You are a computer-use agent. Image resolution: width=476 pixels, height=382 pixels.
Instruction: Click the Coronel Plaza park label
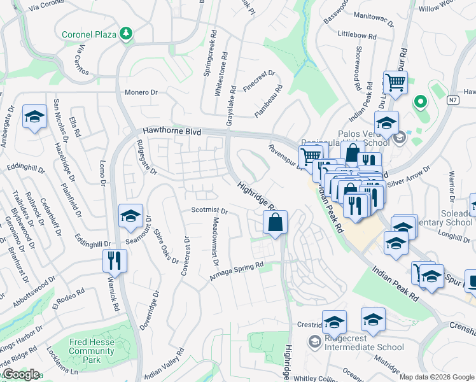(x=90, y=33)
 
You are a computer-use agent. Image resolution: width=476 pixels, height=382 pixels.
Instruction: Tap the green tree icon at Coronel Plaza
(x=127, y=33)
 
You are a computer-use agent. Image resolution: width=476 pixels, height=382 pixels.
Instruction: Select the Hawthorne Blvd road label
(x=172, y=132)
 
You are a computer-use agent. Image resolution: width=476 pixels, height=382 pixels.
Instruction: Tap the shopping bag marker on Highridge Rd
(x=275, y=223)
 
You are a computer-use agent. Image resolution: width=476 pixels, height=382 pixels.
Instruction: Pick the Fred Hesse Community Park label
(x=92, y=351)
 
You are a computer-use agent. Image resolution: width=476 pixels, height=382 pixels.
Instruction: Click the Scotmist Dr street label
(x=209, y=210)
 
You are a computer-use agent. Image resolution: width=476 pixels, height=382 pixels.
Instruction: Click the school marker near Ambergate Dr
(x=34, y=118)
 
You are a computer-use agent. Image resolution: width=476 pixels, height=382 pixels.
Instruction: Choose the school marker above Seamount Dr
(x=130, y=217)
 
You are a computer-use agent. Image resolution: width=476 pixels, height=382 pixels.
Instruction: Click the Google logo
(x=20, y=374)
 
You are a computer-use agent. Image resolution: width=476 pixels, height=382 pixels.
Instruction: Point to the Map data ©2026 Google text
(x=437, y=377)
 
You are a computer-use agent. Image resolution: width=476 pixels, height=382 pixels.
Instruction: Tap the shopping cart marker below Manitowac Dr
(x=395, y=83)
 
